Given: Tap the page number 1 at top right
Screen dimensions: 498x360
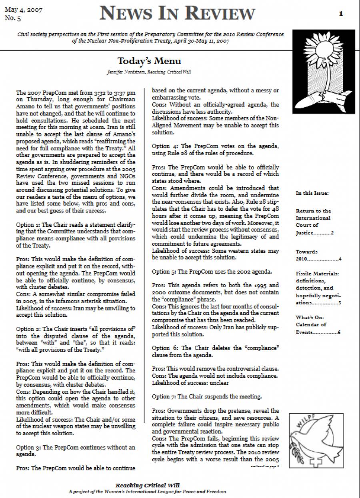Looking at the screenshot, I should (x=341, y=14).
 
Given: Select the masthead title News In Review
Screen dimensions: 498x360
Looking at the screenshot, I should (x=177, y=13).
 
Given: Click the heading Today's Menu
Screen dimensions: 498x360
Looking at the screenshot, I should (x=149, y=61).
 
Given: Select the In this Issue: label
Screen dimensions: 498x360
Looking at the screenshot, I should (x=312, y=193).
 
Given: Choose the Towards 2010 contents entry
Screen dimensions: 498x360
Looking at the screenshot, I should (x=318, y=255).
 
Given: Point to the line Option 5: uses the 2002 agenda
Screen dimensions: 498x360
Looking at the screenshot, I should (x=212, y=272).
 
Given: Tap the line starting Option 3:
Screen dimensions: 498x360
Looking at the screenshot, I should (x=76, y=450).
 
